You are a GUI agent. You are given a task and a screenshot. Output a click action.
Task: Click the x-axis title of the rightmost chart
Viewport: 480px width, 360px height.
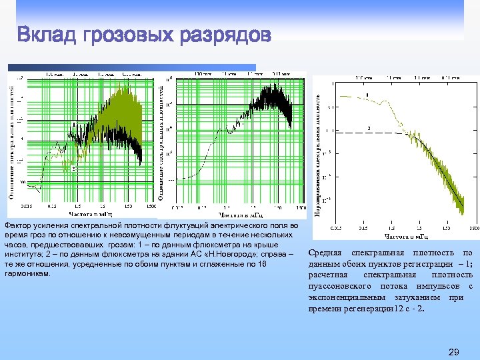tap(407, 235)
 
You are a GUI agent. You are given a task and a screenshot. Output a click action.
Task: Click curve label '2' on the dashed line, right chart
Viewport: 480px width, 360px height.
tap(368, 127)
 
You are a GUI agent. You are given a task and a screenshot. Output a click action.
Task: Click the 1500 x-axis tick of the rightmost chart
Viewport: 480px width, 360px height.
tap(473, 227)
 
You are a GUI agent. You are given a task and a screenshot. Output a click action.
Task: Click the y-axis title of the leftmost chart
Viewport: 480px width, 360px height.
tap(11, 140)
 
